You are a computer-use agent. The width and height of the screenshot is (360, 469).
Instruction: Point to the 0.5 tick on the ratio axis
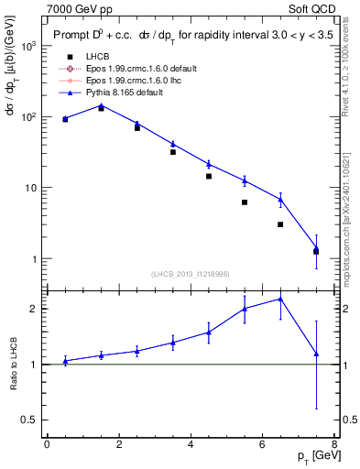32,420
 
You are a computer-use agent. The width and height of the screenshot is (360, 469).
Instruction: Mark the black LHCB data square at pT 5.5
245,202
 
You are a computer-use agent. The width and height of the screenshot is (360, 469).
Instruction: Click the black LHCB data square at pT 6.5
280,224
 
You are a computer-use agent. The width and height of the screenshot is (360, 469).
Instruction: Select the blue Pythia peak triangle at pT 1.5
101,105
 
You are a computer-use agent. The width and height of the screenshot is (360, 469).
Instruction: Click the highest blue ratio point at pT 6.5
280,299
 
